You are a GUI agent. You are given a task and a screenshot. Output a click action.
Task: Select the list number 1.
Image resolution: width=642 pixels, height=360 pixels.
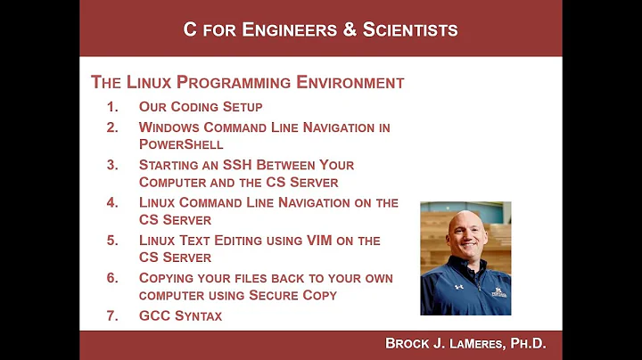tap(112, 107)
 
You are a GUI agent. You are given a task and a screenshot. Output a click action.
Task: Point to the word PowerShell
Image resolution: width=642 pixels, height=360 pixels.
tap(181, 143)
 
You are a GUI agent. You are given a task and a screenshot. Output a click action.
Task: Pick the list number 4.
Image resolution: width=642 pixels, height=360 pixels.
tap(112, 202)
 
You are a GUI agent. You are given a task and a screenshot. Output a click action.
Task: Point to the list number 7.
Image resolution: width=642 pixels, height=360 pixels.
tap(112, 315)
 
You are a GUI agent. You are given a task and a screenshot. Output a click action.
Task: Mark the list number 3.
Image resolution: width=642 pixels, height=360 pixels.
tap(112, 165)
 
